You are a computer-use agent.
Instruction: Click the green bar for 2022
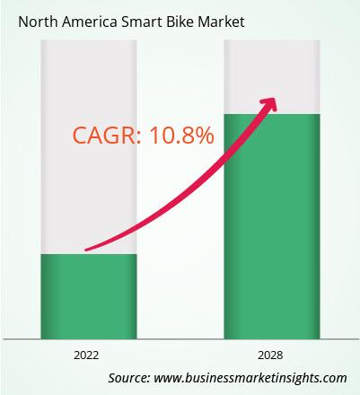(x=89, y=296)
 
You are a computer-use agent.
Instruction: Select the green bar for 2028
(x=272, y=226)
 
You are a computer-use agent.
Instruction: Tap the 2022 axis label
(x=86, y=355)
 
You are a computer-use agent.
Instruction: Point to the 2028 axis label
(x=270, y=355)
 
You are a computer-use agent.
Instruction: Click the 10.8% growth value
(x=182, y=136)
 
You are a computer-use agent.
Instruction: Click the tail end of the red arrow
(x=86, y=250)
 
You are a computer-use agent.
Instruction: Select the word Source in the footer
(x=129, y=378)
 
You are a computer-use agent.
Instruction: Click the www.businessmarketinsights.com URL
(x=250, y=378)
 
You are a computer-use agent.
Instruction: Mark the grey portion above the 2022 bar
(x=89, y=147)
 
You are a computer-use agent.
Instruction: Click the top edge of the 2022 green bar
(x=89, y=254)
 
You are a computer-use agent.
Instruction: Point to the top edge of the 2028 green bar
(x=272, y=114)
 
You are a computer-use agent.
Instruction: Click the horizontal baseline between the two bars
(x=180, y=339)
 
